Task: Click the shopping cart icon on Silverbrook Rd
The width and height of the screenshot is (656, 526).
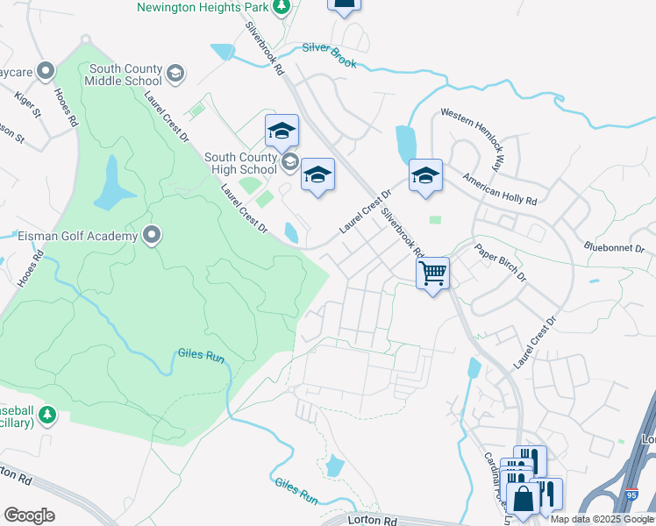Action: click(x=432, y=273)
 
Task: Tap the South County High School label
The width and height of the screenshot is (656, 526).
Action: click(x=240, y=163)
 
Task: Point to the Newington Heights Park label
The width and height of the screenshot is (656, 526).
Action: click(x=201, y=7)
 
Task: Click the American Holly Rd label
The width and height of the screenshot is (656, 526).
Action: click(x=499, y=188)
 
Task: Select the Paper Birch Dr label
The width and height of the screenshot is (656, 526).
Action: click(x=501, y=260)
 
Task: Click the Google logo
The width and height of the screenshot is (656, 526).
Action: click(x=29, y=515)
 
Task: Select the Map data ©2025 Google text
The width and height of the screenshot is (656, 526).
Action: click(x=603, y=519)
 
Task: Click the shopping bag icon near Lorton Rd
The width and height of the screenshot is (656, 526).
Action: click(x=524, y=501)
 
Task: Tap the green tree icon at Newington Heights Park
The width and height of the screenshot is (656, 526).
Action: click(x=281, y=8)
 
